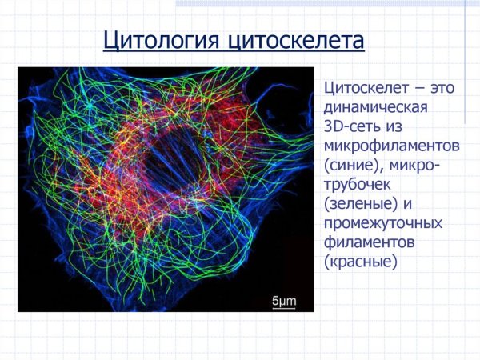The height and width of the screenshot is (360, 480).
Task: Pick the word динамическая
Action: (377, 108)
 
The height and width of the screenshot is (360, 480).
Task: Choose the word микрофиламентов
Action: (391, 146)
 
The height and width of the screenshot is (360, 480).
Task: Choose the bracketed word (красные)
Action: (361, 262)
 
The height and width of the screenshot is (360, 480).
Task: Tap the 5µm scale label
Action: (285, 301)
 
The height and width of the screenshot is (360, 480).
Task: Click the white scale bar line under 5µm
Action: (285, 309)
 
